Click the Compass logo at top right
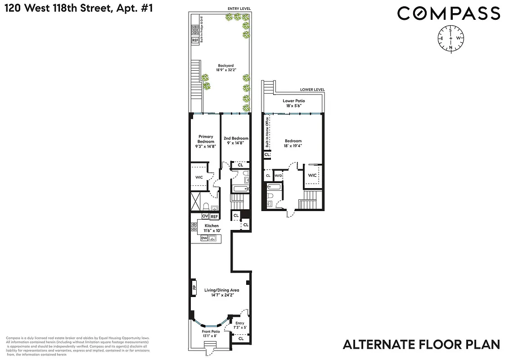[448, 13]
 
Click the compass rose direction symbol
[450, 38]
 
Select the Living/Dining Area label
[221, 293]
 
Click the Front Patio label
[209, 333]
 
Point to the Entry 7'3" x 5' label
[239, 325]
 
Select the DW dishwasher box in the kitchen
[204, 238]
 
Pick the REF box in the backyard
[195, 40]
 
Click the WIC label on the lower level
[312, 175]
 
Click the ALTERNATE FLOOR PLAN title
[421, 345]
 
